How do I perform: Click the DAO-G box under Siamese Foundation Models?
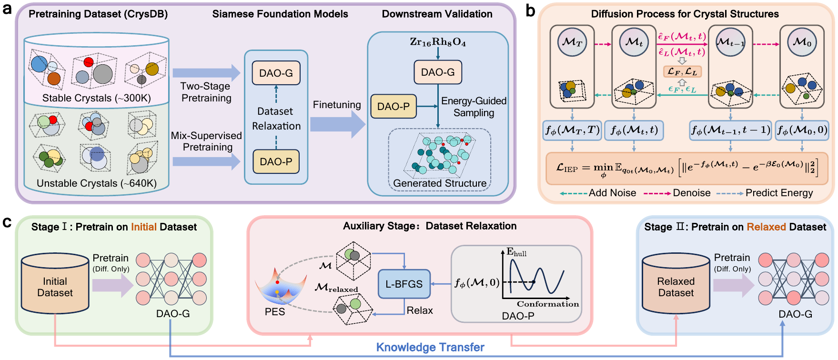[x=276, y=73]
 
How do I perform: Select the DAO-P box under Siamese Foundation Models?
[x=276, y=161]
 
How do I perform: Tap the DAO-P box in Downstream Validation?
[x=394, y=106]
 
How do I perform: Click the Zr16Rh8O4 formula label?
[x=438, y=42]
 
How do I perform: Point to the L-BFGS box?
[x=404, y=284]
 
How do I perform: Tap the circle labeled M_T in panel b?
[x=572, y=42]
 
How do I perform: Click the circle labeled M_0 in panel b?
[x=802, y=42]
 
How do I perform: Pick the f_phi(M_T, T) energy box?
[x=572, y=130]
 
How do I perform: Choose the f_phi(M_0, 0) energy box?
[x=802, y=130]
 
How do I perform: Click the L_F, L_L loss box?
[x=682, y=71]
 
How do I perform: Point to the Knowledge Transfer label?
[x=430, y=347]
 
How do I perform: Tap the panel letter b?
[x=531, y=10]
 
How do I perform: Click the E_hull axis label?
[x=516, y=252]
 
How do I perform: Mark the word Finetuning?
[x=337, y=105]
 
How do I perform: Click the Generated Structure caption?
[x=440, y=183]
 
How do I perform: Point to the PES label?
[x=275, y=312]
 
